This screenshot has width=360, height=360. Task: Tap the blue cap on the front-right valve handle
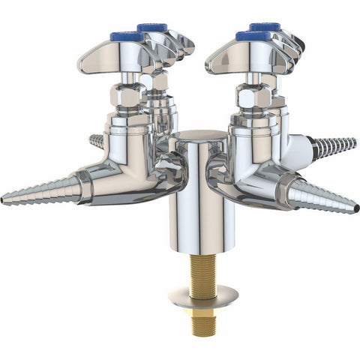[252, 35]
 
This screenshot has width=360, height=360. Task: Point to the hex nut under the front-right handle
[253, 96]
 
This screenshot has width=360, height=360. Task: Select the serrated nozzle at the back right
[334, 145]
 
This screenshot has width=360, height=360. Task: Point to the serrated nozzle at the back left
[95, 140]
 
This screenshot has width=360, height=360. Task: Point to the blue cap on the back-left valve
[153, 28]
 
